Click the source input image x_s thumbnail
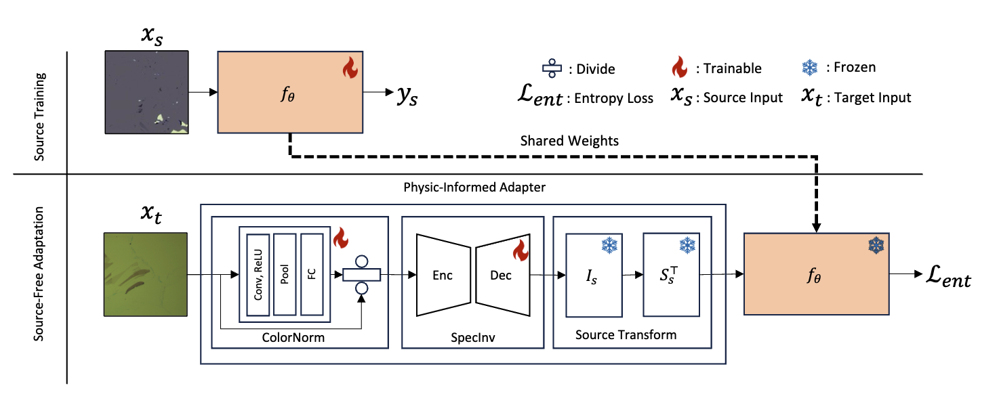pos(146,91)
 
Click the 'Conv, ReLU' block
pos(258,275)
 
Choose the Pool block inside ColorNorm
pos(285,275)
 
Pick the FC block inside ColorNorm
pos(312,275)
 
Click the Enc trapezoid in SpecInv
pos(442,275)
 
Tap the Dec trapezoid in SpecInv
pos(502,275)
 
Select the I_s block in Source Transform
pos(594,276)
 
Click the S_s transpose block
pos(671,275)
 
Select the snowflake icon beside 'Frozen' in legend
pos(809,67)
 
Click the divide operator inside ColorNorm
pos(361,275)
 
